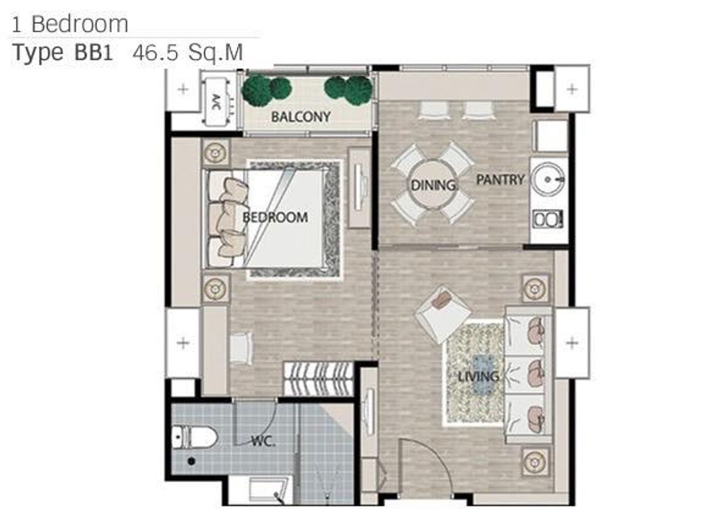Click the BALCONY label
click(x=301, y=117)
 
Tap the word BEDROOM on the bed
click(x=275, y=218)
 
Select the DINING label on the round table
click(x=433, y=185)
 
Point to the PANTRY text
click(x=500, y=180)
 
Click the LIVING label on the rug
click(x=479, y=377)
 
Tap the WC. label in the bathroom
click(x=263, y=441)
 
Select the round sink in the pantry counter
click(x=548, y=179)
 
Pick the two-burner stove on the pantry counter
click(x=548, y=219)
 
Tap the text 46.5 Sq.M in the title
click(x=188, y=53)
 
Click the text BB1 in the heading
click(x=94, y=53)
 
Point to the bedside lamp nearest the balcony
click(x=216, y=154)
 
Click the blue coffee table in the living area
click(x=484, y=375)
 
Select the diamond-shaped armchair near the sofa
click(x=443, y=315)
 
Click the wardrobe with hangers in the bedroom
click(x=319, y=378)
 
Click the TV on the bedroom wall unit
click(x=359, y=187)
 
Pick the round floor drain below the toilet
click(x=191, y=462)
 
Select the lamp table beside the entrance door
click(x=535, y=462)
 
